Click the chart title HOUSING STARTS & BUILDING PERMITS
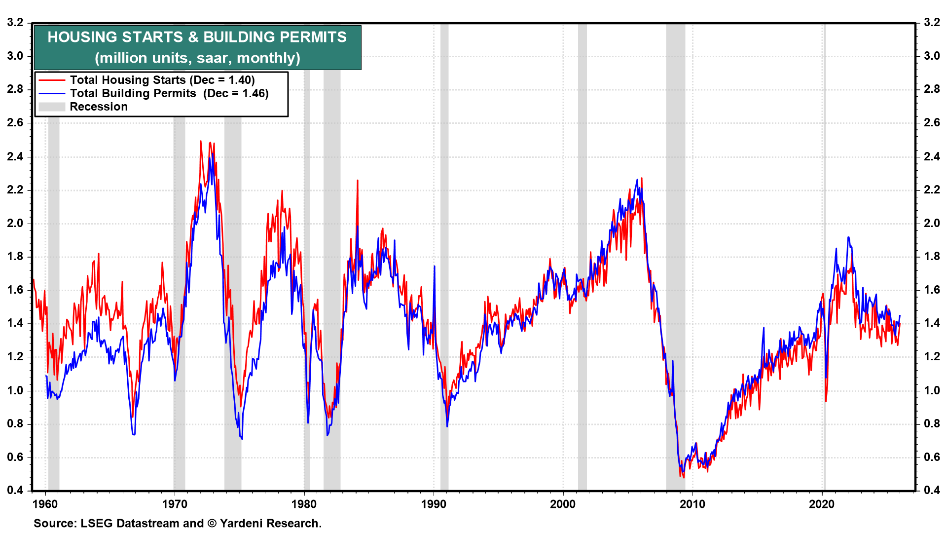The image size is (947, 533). (x=197, y=37)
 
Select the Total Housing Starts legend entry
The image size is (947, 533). (x=162, y=80)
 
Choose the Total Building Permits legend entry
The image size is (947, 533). (x=169, y=93)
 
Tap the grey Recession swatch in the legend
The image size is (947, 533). (x=52, y=107)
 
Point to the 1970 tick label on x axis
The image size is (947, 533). (x=175, y=504)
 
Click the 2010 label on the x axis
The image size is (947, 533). (x=692, y=504)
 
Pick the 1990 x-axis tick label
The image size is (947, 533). (x=434, y=504)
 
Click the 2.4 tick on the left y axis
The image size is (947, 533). (x=15, y=157)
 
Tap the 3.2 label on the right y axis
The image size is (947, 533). (x=932, y=22)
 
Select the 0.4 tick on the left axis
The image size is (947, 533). (x=15, y=490)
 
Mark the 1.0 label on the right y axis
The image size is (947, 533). (x=932, y=390)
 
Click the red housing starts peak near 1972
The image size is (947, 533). (x=201, y=142)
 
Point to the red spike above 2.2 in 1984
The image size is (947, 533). (x=357, y=181)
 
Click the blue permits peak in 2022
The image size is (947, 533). (x=848, y=238)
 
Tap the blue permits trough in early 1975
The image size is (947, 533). (x=242, y=438)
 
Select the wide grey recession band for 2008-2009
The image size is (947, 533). (x=675, y=247)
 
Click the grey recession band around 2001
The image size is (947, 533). (x=583, y=247)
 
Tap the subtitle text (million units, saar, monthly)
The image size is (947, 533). (x=197, y=58)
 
